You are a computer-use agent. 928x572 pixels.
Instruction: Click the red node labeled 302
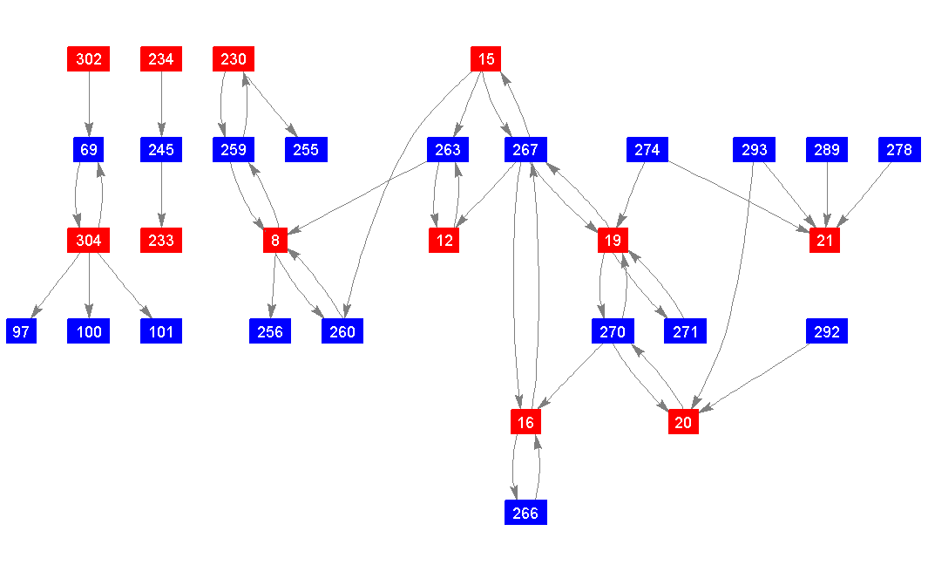[x=89, y=59]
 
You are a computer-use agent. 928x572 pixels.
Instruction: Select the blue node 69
[x=89, y=150]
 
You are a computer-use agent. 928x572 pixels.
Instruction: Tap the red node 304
[x=89, y=241]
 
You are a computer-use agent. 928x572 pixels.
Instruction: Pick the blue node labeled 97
[x=22, y=331]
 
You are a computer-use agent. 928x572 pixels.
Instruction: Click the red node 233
[x=161, y=241]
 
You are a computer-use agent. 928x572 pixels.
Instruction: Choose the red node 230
[x=234, y=59]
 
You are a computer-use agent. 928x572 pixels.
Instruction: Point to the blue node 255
[x=306, y=150]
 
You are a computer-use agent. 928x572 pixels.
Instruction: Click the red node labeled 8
[x=275, y=241]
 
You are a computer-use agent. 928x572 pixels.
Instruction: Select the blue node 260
[x=342, y=331]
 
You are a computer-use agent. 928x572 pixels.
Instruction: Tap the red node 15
[x=486, y=59]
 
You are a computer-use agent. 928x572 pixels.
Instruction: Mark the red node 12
[x=444, y=241]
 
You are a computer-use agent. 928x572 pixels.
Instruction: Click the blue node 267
[x=525, y=150]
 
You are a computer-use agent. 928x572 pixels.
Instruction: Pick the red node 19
[x=613, y=241]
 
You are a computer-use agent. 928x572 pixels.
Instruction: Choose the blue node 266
[x=525, y=513]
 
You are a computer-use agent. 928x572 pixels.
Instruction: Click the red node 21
[x=824, y=241]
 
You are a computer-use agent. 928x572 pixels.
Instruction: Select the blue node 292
[x=827, y=331]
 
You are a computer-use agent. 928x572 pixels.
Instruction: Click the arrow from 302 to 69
[x=89, y=105]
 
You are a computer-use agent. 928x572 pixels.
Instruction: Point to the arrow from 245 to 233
[x=161, y=195]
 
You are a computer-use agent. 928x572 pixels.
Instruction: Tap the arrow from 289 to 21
[x=826, y=195]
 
